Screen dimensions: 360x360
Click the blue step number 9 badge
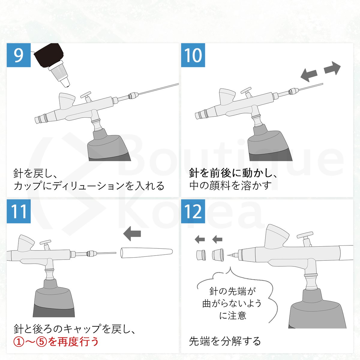(18, 55)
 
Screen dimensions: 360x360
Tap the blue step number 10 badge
(193, 55)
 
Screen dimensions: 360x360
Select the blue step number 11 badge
(18, 211)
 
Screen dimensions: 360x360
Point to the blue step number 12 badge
(193, 211)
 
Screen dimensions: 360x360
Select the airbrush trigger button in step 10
(247, 91)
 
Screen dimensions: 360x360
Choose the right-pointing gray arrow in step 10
(332, 68)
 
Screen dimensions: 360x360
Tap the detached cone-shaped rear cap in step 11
(146, 253)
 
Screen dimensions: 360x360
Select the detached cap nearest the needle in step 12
(217, 255)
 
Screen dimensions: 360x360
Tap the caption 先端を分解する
(225, 341)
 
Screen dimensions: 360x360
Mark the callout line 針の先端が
(232, 291)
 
